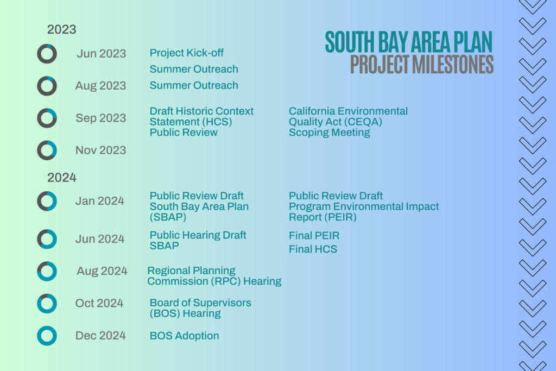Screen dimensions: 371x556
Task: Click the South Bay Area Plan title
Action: (408, 42)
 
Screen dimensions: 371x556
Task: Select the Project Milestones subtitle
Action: (422, 64)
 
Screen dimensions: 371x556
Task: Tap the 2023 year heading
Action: (61, 29)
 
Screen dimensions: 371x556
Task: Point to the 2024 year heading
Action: (61, 177)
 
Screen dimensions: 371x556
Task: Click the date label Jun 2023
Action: (101, 54)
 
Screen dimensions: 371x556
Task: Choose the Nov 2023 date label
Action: (100, 150)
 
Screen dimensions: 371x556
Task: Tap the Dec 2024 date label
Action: (100, 336)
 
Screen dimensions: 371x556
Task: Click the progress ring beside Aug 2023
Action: (47, 86)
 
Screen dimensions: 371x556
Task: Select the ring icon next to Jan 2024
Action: (47, 201)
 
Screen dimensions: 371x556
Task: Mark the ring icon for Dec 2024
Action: (47, 336)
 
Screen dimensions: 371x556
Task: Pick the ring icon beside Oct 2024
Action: (47, 303)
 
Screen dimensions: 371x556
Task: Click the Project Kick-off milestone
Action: (186, 53)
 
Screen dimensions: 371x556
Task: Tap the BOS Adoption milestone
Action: (184, 336)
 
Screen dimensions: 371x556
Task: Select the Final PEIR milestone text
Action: (314, 236)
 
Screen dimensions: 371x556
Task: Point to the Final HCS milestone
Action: (313, 249)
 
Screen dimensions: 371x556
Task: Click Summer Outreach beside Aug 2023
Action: (194, 85)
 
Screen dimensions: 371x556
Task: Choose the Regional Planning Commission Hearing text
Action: (214, 276)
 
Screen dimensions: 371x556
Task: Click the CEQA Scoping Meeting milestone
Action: (348, 122)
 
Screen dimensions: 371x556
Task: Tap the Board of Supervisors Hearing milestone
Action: (200, 308)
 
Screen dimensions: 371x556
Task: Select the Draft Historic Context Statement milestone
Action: (201, 122)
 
